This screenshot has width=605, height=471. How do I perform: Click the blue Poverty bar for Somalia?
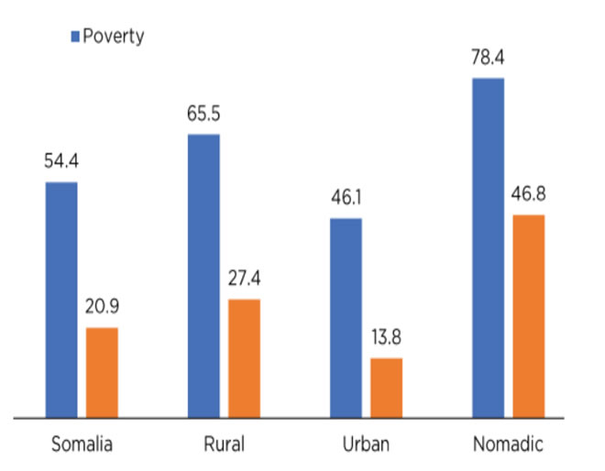pyautogui.click(x=61, y=300)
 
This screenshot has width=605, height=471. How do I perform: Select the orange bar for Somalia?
pyautogui.click(x=102, y=372)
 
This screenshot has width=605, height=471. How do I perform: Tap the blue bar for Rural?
pyautogui.click(x=203, y=276)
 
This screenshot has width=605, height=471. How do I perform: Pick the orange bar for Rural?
pyautogui.click(x=244, y=358)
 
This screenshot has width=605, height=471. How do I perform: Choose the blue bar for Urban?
pyautogui.click(x=346, y=318)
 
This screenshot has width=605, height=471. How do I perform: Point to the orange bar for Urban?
pyautogui.click(x=386, y=388)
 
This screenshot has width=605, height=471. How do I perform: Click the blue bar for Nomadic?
pyautogui.click(x=488, y=248)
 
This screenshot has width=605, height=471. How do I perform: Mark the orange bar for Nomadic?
pyautogui.click(x=528, y=316)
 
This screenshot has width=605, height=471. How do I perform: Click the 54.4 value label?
pyautogui.click(x=61, y=163)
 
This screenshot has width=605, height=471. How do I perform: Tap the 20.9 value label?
pyautogui.click(x=102, y=308)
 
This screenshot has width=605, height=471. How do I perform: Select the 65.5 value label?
pyautogui.click(x=203, y=115)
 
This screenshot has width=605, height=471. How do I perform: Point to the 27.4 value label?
pyautogui.click(x=244, y=279)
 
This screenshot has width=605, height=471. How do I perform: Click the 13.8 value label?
pyautogui.click(x=386, y=337)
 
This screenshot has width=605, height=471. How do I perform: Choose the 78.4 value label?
pyautogui.click(x=488, y=60)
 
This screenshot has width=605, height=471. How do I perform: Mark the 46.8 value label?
pyautogui.click(x=528, y=195)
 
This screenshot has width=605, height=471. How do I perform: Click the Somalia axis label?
pyautogui.click(x=82, y=445)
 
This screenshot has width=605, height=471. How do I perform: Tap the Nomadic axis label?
pyautogui.click(x=508, y=445)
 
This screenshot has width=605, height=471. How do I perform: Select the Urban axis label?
pyautogui.click(x=366, y=445)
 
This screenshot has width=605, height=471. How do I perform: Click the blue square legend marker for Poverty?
pyautogui.click(x=75, y=37)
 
